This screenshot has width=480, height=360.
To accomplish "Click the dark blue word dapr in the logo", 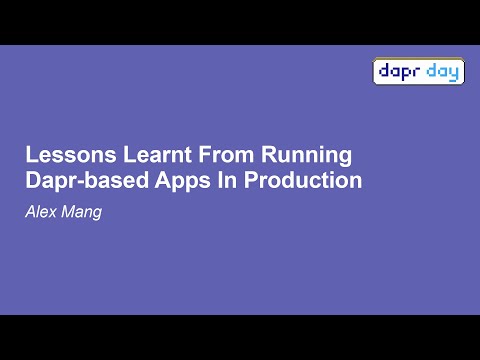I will (400, 72).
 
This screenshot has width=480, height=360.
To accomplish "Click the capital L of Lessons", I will (30, 156).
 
